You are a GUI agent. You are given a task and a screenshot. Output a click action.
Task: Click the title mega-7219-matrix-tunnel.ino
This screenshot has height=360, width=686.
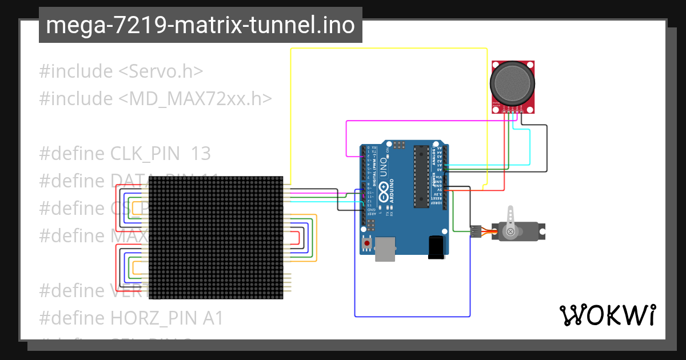tap(200, 25)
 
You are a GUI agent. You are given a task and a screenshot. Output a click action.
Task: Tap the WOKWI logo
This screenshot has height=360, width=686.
tap(607, 315)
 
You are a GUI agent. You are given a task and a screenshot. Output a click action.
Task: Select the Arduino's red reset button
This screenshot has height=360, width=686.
tap(366, 243)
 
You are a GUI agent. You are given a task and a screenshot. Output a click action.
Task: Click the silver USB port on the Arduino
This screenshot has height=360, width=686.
tap(385, 249)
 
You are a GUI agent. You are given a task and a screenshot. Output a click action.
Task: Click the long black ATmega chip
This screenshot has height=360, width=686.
tap(421, 175)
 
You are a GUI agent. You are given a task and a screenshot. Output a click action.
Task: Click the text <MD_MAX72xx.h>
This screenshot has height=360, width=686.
tap(195, 99)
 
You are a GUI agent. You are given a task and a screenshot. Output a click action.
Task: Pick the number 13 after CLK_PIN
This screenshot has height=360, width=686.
tap(201, 154)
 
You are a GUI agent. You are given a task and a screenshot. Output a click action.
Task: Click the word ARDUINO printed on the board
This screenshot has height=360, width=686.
tap(392, 191)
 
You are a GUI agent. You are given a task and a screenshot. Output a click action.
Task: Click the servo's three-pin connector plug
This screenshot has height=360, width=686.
tap(476, 231)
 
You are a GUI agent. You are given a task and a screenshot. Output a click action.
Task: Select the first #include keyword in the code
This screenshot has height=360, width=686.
tap(75, 71)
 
